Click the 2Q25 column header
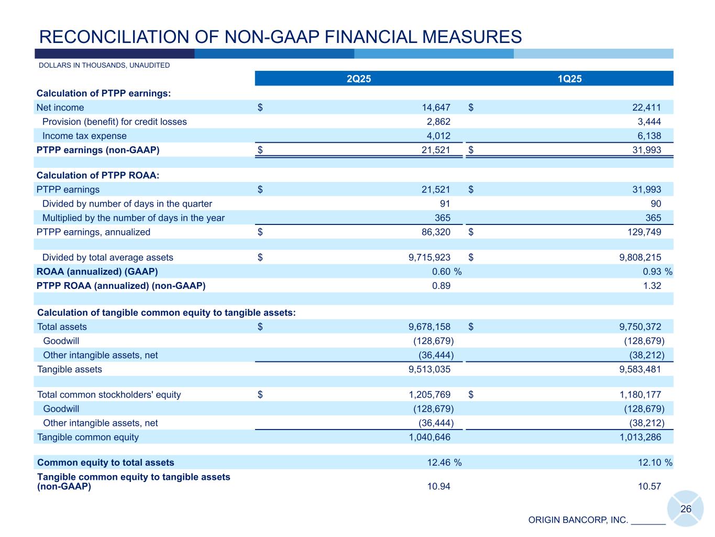point(359,79)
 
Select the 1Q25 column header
point(569,79)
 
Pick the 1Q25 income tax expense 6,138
point(647,136)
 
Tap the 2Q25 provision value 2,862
point(439,122)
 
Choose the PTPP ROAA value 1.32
point(652,286)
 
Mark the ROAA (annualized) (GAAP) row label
point(97,272)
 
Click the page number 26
point(686,509)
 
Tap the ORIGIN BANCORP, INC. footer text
point(578,520)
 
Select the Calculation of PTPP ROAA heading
point(98,175)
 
